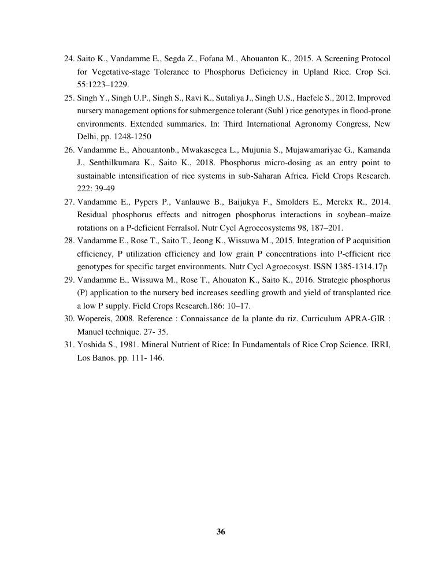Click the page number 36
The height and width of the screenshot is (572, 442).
pyautogui.click(x=221, y=532)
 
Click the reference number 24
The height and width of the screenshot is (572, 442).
pyautogui.click(x=69, y=58)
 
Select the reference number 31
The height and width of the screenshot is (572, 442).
pyautogui.click(x=69, y=344)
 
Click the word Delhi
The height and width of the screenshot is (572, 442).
pyautogui.click(x=87, y=136)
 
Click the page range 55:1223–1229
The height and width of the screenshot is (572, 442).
pyautogui.click(x=103, y=84)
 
